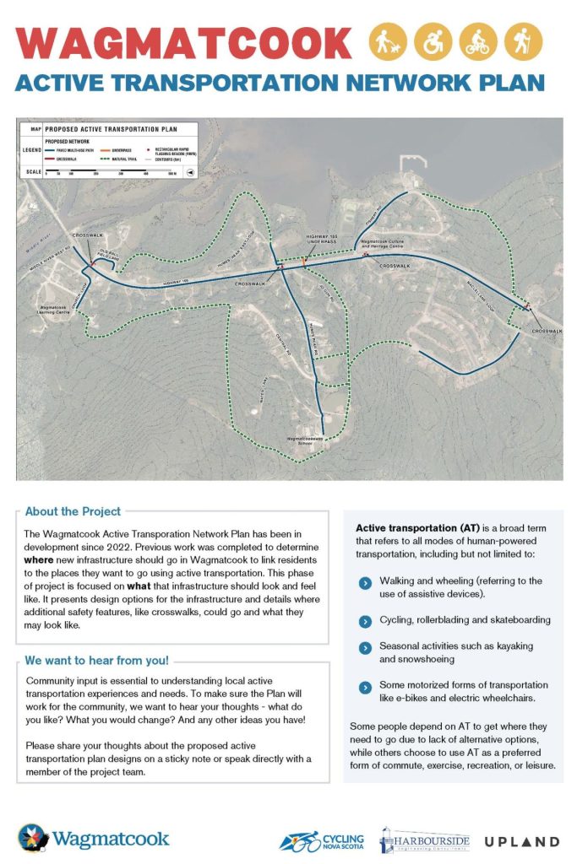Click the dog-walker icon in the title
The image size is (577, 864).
tap(389, 40)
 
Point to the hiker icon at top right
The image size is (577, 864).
tap(524, 40)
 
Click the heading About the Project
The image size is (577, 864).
tap(73, 511)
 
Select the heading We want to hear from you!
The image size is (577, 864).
tap(96, 660)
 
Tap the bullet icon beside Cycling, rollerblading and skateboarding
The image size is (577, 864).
tap(364, 620)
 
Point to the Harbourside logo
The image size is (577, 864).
tap(423, 840)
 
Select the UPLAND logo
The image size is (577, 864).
tap(521, 841)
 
